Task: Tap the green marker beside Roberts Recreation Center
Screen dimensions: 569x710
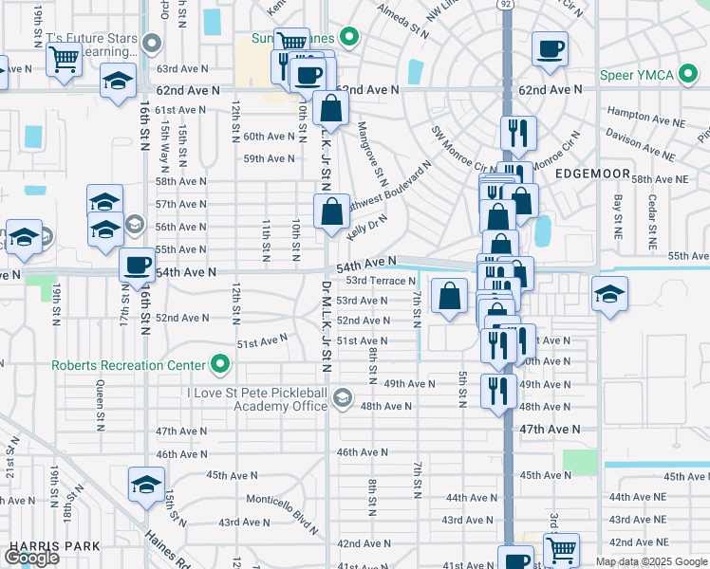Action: point(220,365)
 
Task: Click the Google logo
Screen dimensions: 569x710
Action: point(31,558)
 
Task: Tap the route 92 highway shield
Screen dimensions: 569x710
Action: point(507,5)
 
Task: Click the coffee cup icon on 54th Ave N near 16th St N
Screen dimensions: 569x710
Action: point(138,265)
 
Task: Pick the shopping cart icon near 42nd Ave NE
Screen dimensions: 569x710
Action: point(561,548)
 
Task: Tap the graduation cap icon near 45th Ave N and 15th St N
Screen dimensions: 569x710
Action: point(146,483)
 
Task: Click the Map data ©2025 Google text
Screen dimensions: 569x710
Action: point(650,561)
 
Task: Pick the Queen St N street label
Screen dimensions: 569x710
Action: point(100,402)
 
